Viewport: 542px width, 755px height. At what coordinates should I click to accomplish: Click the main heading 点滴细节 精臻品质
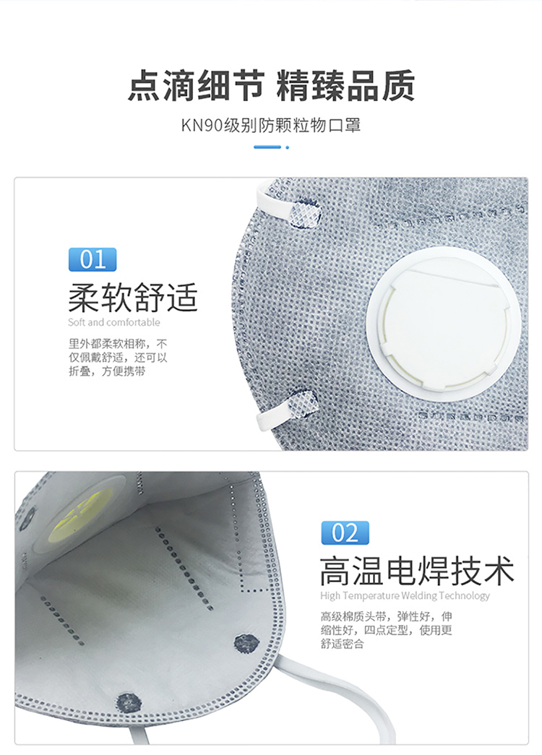pyautogui.click(x=271, y=86)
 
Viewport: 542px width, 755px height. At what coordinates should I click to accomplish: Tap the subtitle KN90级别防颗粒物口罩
pyautogui.click(x=271, y=125)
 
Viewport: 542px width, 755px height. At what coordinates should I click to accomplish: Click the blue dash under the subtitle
pyautogui.click(x=267, y=147)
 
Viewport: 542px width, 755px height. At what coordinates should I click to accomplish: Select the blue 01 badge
pyautogui.click(x=93, y=259)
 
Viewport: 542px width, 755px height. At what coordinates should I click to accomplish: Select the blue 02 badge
pyautogui.click(x=345, y=533)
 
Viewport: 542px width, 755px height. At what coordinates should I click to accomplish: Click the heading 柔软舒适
pyautogui.click(x=133, y=298)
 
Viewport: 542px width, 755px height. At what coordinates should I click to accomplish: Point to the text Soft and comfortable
pyautogui.click(x=113, y=322)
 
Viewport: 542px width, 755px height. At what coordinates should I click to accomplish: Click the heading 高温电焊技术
pyautogui.click(x=417, y=571)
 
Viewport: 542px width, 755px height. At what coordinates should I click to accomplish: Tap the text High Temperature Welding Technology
pyautogui.click(x=405, y=595)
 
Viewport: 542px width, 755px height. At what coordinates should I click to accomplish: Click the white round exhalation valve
pyautogui.click(x=443, y=324)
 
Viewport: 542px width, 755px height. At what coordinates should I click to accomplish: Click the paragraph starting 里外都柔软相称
pyautogui.click(x=118, y=358)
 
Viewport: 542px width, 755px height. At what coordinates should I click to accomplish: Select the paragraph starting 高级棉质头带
pyautogui.click(x=387, y=630)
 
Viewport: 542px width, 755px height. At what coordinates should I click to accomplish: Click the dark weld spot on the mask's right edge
pyautogui.click(x=246, y=644)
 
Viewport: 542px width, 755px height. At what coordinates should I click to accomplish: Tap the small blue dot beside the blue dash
pyautogui.click(x=288, y=147)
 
